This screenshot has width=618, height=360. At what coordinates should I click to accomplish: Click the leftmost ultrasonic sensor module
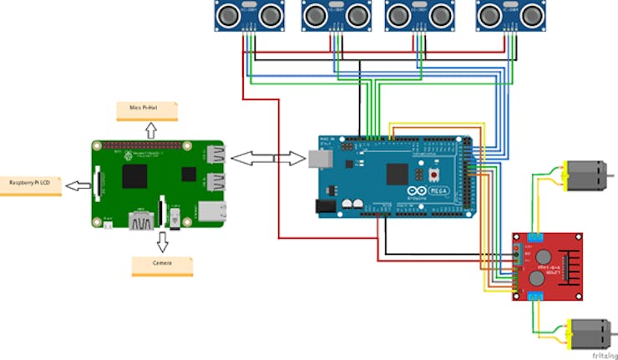click(x=247, y=16)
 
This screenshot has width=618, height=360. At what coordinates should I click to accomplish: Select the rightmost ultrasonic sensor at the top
click(x=507, y=16)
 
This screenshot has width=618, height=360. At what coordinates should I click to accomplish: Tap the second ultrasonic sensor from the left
click(x=335, y=16)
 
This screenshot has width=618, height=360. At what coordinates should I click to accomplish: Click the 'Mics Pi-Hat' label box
click(x=151, y=109)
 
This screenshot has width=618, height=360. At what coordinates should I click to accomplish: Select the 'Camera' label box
click(x=162, y=265)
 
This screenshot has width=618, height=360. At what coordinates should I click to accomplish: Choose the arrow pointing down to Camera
click(x=162, y=241)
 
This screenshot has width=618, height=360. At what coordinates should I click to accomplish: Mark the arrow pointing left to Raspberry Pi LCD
click(x=76, y=184)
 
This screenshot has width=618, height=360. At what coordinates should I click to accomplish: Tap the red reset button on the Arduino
click(x=434, y=175)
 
